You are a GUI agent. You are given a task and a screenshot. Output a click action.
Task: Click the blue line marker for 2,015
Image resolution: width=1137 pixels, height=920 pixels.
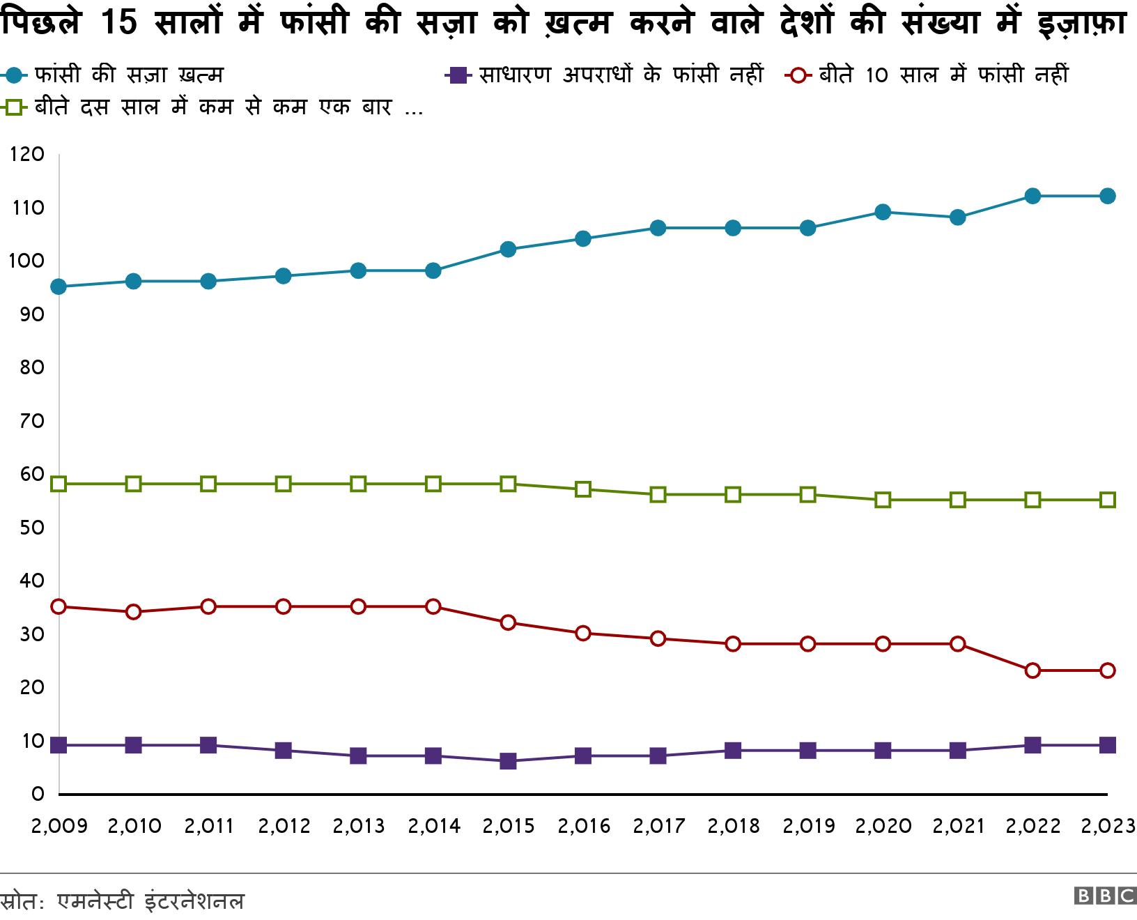click(508, 250)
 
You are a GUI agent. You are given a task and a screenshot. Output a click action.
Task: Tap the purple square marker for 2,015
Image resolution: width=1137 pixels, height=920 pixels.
click(508, 761)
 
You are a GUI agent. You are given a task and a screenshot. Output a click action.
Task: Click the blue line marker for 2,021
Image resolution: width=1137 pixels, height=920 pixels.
click(957, 217)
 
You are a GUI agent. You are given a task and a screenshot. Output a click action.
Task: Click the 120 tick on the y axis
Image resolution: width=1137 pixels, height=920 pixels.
click(28, 154)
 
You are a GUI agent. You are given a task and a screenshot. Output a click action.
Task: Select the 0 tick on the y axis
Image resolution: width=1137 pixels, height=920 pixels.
click(38, 793)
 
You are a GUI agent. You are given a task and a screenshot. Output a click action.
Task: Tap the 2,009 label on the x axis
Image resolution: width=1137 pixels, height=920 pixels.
click(59, 827)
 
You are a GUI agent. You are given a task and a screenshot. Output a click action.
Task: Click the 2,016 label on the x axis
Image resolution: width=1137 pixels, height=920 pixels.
click(583, 827)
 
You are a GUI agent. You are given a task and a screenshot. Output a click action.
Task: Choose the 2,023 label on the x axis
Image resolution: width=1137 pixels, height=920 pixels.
click(1107, 827)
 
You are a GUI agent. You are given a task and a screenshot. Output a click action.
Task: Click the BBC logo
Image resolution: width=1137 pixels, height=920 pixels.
click(1104, 896)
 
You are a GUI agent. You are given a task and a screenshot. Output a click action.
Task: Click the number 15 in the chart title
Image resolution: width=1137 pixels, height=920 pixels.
click(119, 23)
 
